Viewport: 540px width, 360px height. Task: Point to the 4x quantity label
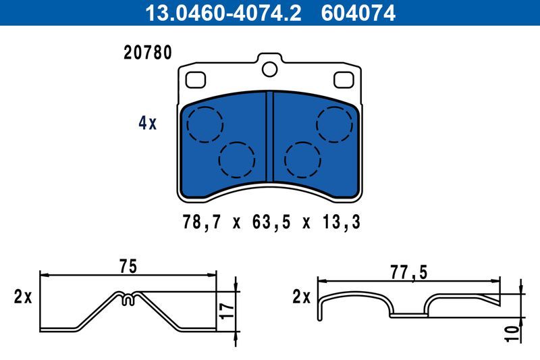pyautogui.click(x=146, y=123)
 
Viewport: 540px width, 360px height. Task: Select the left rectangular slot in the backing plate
pyautogui.click(x=195, y=80)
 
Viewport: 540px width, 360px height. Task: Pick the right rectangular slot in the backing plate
pyautogui.click(x=344, y=80)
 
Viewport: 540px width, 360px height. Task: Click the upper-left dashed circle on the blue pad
pyautogui.click(x=205, y=124)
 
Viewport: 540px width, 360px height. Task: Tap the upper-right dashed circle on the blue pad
pyautogui.click(x=334, y=124)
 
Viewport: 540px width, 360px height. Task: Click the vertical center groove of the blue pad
pyautogui.click(x=269, y=138)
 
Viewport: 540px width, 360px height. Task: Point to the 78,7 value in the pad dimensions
pyautogui.click(x=199, y=221)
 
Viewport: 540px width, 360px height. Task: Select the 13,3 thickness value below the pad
pyautogui.click(x=341, y=221)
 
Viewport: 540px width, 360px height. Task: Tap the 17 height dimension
pyautogui.click(x=227, y=311)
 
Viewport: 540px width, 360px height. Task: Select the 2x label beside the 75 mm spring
pyautogui.click(x=22, y=297)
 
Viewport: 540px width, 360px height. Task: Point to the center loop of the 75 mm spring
pyautogui.click(x=128, y=298)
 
